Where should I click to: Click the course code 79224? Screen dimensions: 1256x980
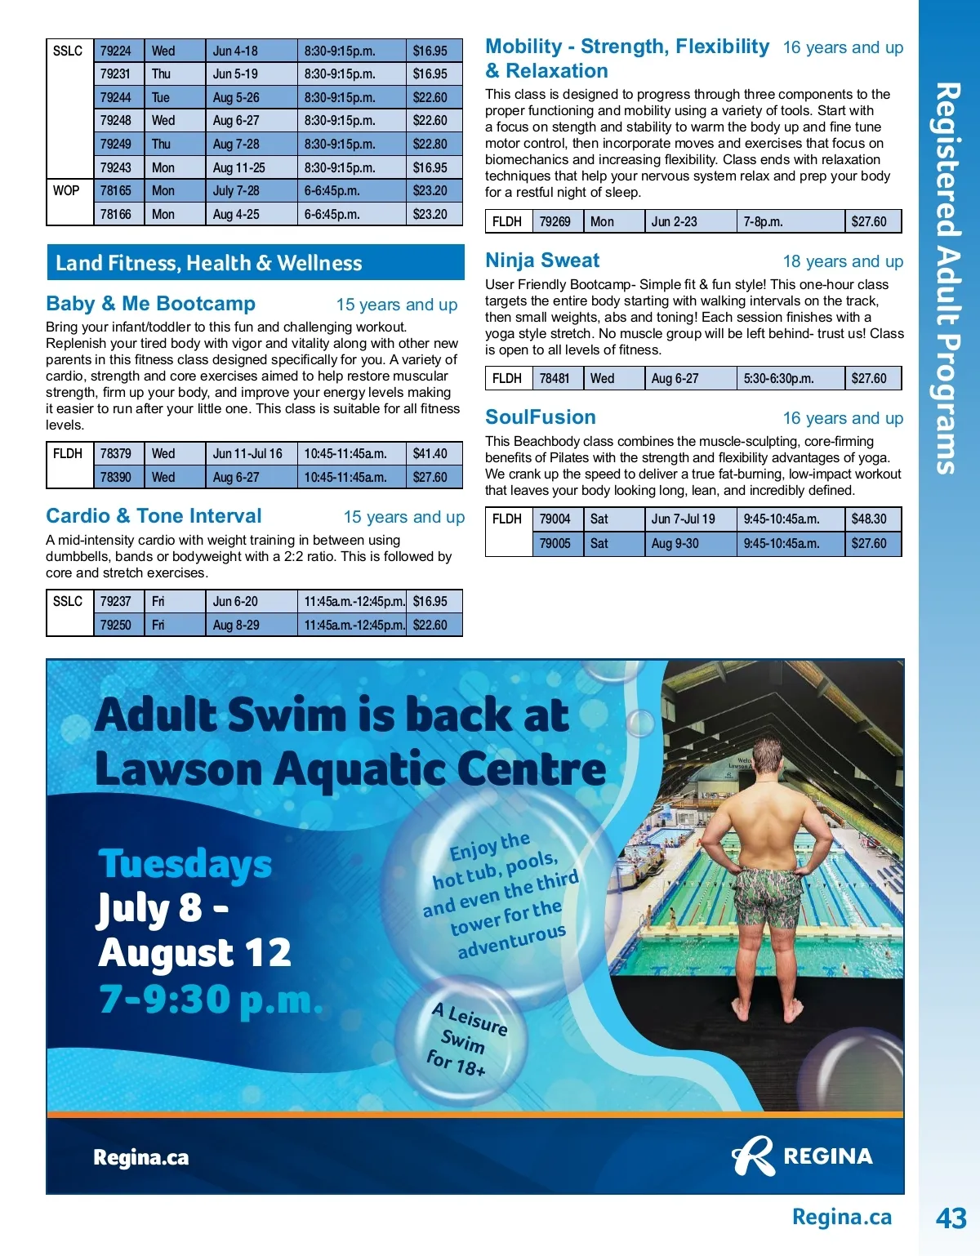pos(115,51)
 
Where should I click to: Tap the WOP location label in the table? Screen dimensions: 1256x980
pos(66,190)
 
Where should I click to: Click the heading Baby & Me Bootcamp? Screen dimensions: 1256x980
pos(151,304)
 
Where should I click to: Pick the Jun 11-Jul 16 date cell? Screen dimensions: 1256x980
pos(247,453)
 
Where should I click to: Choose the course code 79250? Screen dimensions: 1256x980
pos(115,625)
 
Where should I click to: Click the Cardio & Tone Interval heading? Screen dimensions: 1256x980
pos(154,516)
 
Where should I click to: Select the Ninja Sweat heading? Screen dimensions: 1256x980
pos(542,261)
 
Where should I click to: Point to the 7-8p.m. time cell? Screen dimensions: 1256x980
pos(764,221)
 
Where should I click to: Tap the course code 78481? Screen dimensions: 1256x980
pos(555,378)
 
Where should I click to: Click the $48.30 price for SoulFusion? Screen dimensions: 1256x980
pos(869,519)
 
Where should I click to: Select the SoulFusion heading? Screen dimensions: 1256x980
pos(541,417)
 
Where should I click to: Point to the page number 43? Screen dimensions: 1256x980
pos(951,1218)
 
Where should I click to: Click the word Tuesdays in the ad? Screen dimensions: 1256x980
pos(185,864)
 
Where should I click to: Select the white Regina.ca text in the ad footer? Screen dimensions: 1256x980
pos(141,1157)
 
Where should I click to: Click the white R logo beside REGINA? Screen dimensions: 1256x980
pos(753,1156)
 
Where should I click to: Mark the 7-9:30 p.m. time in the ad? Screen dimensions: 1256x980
pos(211,999)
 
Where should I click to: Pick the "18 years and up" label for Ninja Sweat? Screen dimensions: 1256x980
pos(843,261)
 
